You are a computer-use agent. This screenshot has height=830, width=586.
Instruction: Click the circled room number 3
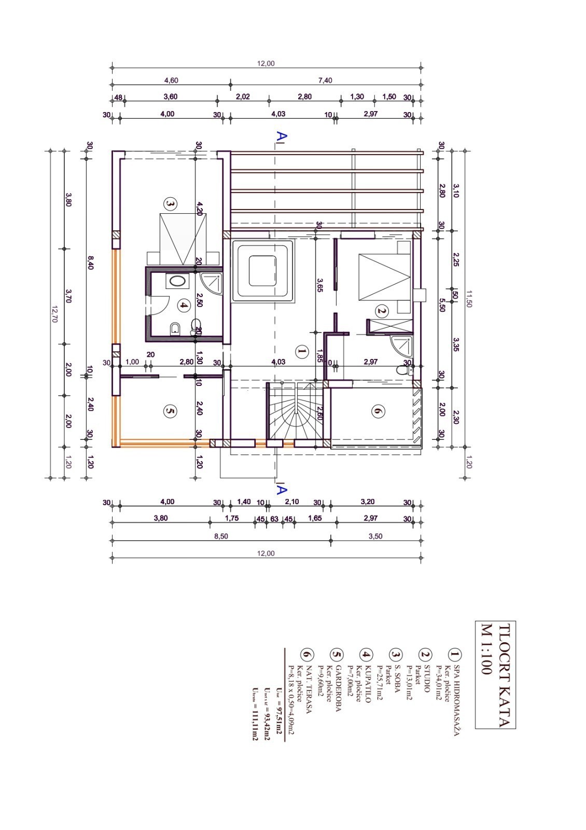click(x=170, y=203)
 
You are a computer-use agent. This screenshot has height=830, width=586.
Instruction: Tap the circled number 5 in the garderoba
click(x=170, y=411)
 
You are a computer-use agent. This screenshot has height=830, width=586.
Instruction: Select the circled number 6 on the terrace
click(x=377, y=411)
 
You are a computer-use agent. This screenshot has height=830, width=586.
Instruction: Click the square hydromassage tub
click(x=263, y=271)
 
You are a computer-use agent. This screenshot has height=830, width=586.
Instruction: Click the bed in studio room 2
click(x=384, y=271)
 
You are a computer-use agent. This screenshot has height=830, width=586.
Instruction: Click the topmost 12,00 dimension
click(x=266, y=63)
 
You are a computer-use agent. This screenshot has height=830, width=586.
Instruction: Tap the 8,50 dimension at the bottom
click(x=221, y=536)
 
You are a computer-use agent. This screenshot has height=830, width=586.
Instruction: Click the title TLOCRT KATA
click(x=495, y=674)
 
